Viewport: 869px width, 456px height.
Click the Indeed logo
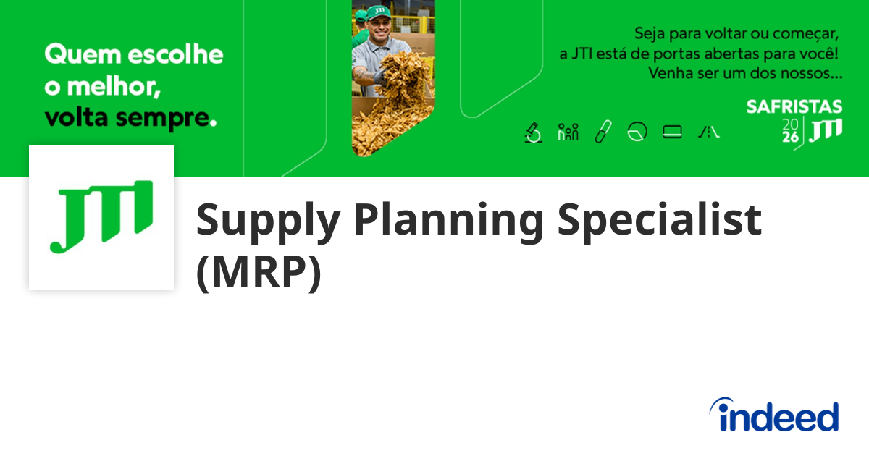(x=773, y=415)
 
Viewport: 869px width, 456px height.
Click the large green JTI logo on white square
(x=101, y=216)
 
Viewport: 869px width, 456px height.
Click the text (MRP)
(x=259, y=272)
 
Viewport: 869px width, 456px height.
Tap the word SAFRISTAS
(x=794, y=106)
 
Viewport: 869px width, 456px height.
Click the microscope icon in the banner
(x=534, y=132)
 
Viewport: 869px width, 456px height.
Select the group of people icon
(x=568, y=132)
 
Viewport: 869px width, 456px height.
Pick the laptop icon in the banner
(x=672, y=132)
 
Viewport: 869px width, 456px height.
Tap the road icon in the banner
(x=709, y=132)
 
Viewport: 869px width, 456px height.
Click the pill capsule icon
(x=603, y=132)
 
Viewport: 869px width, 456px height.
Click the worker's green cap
(x=379, y=12)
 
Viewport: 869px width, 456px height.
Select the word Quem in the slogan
(x=83, y=54)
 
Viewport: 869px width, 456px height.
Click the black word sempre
(x=162, y=118)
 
